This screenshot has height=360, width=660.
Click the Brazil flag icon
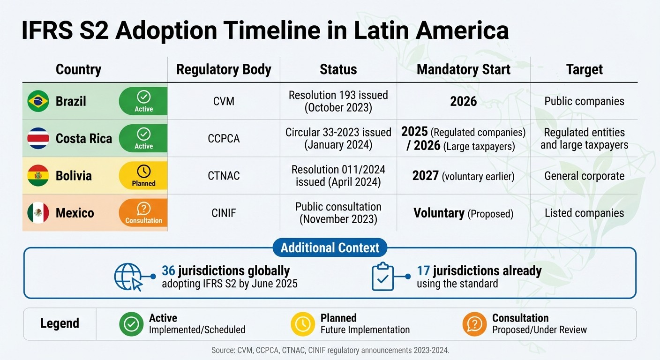(x=38, y=101)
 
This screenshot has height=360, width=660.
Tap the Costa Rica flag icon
(x=38, y=138)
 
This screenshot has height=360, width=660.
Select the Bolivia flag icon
(x=38, y=176)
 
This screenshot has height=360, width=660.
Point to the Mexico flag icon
(x=38, y=213)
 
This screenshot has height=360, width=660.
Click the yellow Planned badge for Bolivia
(x=143, y=176)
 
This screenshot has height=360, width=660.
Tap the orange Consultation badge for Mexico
(x=143, y=213)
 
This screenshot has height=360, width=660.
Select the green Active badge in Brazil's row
(x=143, y=101)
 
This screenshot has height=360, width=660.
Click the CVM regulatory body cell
(x=224, y=101)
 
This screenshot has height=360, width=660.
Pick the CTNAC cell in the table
(x=224, y=176)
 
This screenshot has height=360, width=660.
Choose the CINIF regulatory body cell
(x=224, y=213)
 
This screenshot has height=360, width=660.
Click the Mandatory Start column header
(x=463, y=69)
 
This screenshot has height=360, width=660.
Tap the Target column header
(x=584, y=69)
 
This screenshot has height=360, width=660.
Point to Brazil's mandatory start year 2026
(x=463, y=101)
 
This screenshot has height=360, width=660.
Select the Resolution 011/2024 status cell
(x=338, y=176)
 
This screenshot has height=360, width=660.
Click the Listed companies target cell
(x=584, y=213)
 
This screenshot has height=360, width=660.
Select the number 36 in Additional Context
(x=168, y=271)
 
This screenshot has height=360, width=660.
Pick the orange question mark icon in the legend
(x=474, y=324)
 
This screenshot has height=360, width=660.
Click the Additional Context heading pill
(x=330, y=247)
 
